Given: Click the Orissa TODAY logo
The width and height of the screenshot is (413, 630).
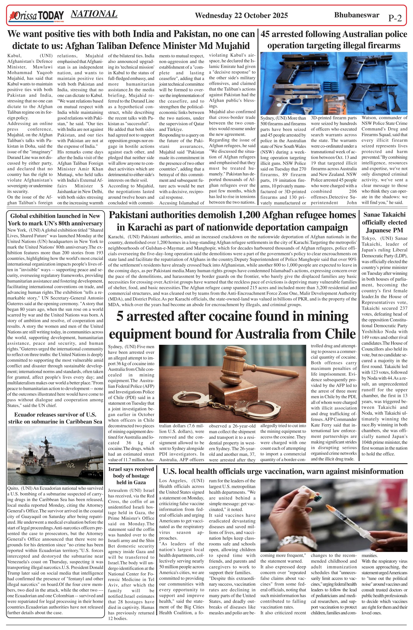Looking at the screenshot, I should [37, 16].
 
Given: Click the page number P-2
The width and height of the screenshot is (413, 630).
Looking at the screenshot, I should [395, 18].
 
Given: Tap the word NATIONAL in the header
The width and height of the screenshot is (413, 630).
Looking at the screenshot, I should [94, 14].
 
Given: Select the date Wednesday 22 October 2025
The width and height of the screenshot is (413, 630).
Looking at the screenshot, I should [241, 15].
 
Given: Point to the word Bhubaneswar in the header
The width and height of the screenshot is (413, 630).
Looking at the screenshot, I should [357, 15].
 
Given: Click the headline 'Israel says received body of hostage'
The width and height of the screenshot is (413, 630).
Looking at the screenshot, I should [131, 476].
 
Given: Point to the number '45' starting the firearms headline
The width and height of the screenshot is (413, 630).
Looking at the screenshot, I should [265, 34].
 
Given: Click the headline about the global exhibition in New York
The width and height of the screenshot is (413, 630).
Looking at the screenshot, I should [55, 219].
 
